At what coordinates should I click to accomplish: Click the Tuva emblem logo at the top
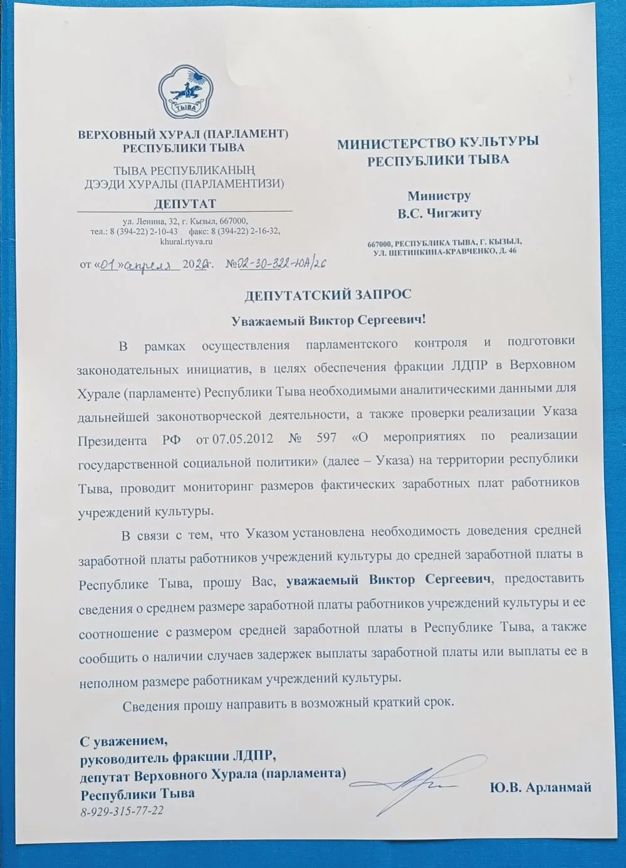tap(182, 93)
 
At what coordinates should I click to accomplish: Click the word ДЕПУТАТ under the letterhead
tap(184, 204)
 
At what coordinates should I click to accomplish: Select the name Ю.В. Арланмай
tap(540, 788)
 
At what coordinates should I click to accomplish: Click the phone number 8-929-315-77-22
tap(122, 811)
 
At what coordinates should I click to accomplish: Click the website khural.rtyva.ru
tap(186, 241)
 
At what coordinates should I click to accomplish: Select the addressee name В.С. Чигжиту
tap(439, 213)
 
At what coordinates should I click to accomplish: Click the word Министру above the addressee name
tap(439, 196)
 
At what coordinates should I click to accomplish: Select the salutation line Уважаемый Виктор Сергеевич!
tap(328, 320)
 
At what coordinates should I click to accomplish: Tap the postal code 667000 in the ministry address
tap(379, 242)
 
